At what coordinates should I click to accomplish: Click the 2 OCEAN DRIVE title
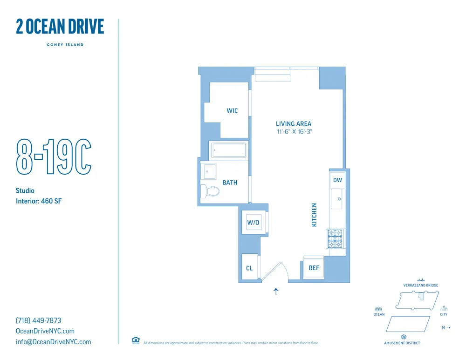(60, 27)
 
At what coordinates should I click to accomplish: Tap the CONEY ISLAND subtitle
(65, 45)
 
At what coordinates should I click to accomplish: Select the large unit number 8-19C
(54, 156)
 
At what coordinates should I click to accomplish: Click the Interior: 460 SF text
(39, 201)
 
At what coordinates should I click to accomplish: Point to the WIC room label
(232, 110)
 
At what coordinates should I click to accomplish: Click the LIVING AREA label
(294, 124)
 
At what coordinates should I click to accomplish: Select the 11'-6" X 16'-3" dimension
(294, 131)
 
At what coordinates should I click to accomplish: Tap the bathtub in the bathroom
(228, 151)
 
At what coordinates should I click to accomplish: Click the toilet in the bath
(210, 191)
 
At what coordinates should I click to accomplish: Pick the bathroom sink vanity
(209, 171)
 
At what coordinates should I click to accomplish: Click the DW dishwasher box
(337, 180)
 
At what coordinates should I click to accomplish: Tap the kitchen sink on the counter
(337, 199)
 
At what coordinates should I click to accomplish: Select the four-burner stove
(335, 239)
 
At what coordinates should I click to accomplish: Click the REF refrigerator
(314, 268)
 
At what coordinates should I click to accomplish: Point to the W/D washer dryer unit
(253, 223)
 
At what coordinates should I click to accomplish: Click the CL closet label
(249, 268)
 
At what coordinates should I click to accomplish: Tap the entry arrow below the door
(276, 292)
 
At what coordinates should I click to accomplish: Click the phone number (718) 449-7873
(39, 320)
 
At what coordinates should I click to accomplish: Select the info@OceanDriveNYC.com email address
(54, 342)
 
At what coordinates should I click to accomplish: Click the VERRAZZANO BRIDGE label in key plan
(420, 285)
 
